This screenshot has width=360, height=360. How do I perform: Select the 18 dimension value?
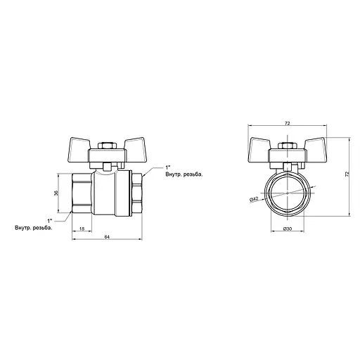coord(82,229)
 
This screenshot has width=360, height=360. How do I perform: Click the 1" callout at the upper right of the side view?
coord(167,167)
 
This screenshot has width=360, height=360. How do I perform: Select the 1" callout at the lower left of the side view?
coord(49,220)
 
